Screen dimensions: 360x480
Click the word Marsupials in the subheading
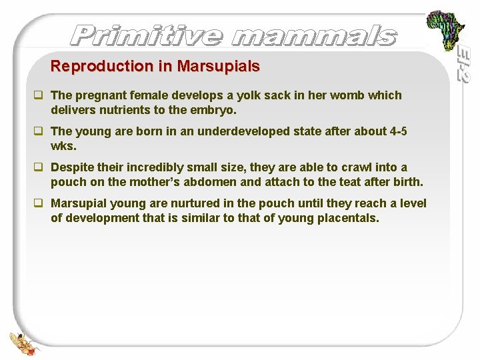click(x=218, y=67)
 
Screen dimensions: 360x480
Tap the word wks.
click(x=62, y=145)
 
